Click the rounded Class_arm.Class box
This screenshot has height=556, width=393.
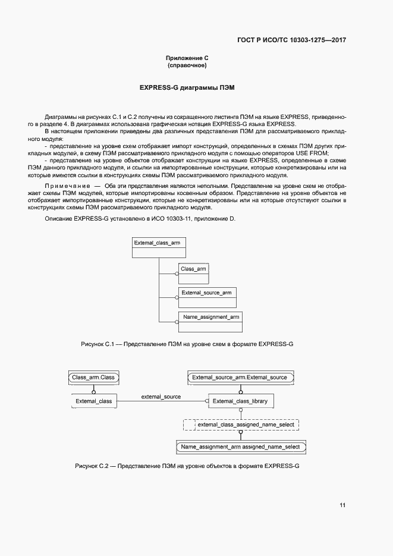coord(93,377)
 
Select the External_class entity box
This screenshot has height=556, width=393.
coord(93,401)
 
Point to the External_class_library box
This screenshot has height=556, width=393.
coord(240,401)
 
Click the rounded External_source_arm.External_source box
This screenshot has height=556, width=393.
coord(240,377)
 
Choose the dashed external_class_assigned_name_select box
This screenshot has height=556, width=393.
coord(241,425)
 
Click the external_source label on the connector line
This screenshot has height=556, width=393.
coord(161,397)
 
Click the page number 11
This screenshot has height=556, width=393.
coord(342,505)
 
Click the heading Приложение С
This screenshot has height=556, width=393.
coord(187,58)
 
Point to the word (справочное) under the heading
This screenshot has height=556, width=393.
coord(187,65)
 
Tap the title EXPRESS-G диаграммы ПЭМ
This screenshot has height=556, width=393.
coord(187,87)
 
